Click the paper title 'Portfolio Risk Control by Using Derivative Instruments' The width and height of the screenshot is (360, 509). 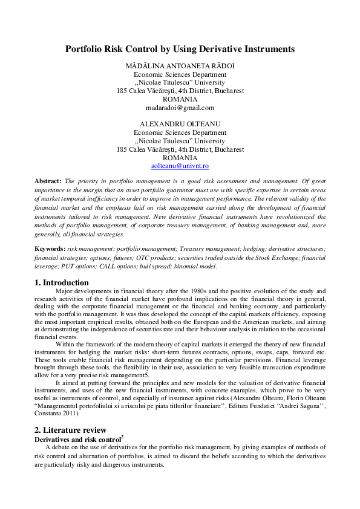(180, 48)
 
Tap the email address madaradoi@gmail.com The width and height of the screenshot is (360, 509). (180, 108)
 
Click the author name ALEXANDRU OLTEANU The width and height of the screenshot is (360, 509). (180, 124)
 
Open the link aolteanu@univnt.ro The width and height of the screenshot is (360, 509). (180, 165)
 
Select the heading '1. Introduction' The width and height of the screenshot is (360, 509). (62, 282)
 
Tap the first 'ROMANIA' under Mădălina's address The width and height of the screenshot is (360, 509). (180, 99)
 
